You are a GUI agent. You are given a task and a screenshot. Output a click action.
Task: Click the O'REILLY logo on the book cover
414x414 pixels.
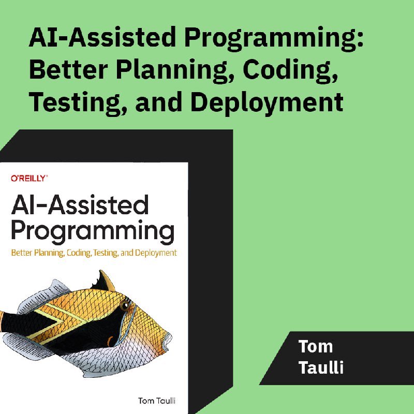29,179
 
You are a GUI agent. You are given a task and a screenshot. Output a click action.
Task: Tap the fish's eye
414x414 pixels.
124,306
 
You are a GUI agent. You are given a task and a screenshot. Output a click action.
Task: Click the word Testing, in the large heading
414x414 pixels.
75,103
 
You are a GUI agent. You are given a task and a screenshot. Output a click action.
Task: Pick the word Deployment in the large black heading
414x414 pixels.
267,103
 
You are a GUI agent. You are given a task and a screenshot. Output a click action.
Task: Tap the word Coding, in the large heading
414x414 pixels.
290,70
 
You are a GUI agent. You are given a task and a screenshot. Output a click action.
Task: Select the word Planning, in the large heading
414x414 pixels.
175,70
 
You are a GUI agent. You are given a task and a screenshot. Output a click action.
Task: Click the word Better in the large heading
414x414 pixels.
68,69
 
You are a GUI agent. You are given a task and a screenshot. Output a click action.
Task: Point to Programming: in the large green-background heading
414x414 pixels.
274,38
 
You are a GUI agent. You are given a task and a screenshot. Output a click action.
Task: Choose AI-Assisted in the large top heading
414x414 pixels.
102,36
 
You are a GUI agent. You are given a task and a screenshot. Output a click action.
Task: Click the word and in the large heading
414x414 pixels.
158,101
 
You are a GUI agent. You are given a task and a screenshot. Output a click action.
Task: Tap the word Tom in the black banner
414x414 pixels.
315,346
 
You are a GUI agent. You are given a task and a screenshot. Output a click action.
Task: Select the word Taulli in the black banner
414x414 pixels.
321,367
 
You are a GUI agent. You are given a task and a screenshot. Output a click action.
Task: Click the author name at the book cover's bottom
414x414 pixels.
157,401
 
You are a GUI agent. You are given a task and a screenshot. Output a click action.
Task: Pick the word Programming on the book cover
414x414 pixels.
93,231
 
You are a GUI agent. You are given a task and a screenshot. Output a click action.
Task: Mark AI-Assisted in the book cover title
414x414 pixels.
80,205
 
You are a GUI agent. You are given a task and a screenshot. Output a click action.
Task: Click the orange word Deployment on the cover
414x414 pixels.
156,253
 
